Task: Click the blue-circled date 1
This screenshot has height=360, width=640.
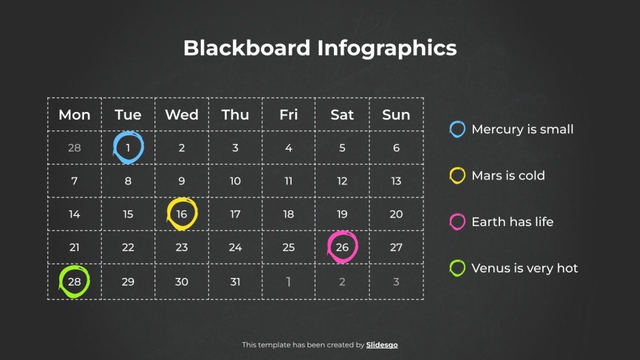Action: (128, 148)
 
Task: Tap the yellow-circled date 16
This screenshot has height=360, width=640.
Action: (182, 214)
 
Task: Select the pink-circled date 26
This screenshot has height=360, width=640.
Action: (342, 247)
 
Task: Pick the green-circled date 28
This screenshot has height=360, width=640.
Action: (74, 281)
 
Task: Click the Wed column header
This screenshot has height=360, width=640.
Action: (182, 115)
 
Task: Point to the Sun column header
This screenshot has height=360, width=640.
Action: (396, 115)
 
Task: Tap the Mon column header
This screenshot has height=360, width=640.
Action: (74, 115)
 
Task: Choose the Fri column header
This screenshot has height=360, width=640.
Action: (289, 115)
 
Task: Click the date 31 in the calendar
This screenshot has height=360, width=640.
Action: (235, 281)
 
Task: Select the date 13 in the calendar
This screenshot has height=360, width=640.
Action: (396, 181)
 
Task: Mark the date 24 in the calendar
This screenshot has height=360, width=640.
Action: (235, 247)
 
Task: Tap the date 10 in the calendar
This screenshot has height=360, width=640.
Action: (235, 181)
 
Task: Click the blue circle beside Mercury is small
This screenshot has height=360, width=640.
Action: (458, 129)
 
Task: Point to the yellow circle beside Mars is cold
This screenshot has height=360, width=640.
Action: (458, 176)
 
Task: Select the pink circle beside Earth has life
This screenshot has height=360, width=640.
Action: (458, 222)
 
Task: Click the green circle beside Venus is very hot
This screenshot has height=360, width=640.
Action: (458, 268)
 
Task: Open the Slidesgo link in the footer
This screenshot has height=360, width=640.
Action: (382, 345)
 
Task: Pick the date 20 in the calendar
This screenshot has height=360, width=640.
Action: (396, 214)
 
